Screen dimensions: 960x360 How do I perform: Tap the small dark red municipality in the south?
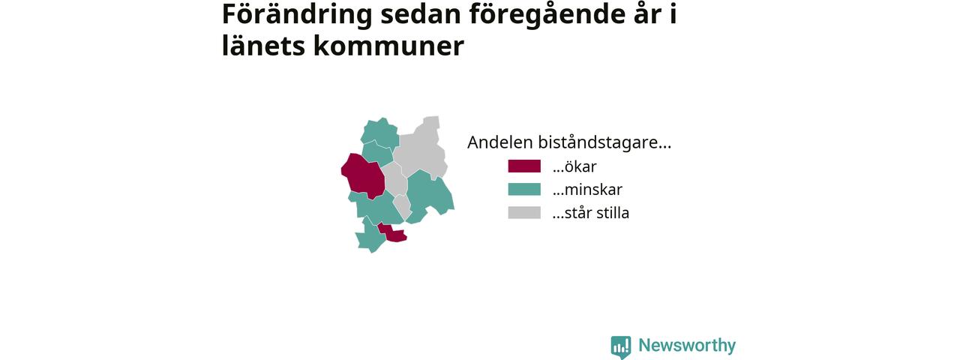(394, 234)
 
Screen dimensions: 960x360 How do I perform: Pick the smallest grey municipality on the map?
(403, 206)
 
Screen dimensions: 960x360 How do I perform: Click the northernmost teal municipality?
(379, 133)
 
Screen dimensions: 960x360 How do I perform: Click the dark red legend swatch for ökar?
(524, 166)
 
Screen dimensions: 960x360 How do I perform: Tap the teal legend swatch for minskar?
(524, 190)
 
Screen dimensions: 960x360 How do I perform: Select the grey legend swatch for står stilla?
(524, 212)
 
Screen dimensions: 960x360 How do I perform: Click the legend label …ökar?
(574, 166)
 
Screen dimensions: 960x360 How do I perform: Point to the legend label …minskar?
(587, 190)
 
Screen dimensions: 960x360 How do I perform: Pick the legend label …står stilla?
(590, 212)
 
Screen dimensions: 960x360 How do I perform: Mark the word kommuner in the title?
(388, 46)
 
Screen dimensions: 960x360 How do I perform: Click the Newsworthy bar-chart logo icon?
(621, 347)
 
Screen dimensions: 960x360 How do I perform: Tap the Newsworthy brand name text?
(687, 345)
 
